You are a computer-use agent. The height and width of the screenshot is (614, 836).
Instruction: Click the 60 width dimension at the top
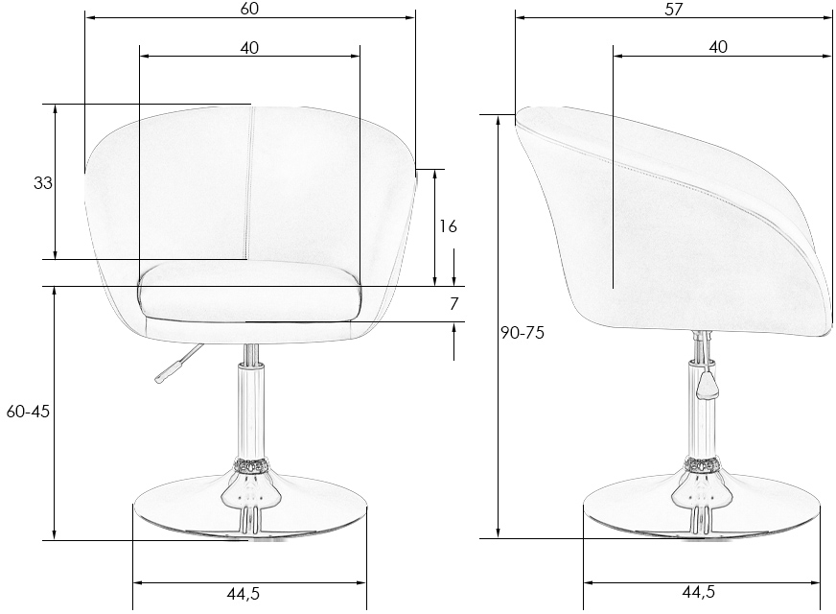[x=249, y=9]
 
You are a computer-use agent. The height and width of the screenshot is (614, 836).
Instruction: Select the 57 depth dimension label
[x=673, y=10]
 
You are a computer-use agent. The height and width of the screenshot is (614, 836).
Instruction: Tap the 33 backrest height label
[x=43, y=183]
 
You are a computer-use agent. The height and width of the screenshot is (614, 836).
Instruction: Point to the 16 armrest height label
[x=448, y=226]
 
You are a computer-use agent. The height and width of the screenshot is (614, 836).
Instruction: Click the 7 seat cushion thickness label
[x=453, y=303]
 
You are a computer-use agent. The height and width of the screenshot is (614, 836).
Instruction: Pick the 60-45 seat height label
[x=28, y=412]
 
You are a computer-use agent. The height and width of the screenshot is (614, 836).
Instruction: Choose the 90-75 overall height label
[x=522, y=333]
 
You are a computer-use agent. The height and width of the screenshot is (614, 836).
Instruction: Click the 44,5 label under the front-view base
[x=244, y=593]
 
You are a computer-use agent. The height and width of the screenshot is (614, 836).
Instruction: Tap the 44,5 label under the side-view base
[x=699, y=592]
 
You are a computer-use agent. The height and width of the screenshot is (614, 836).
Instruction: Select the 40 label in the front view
[x=249, y=48]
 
